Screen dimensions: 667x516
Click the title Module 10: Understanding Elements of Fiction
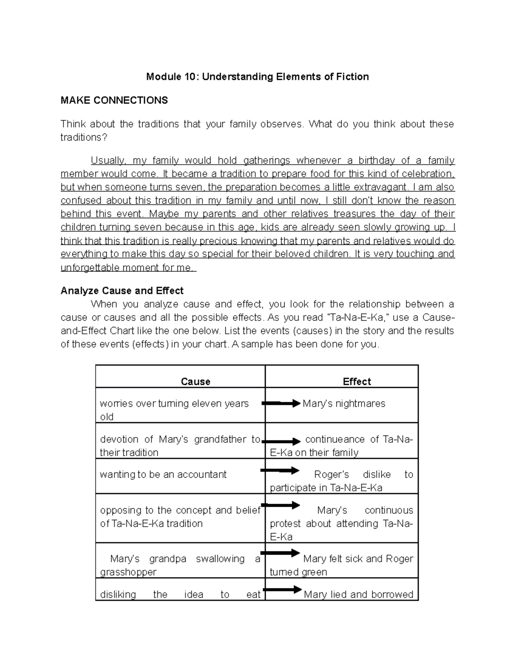coord(257,77)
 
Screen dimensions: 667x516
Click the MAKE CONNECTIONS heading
coord(114,101)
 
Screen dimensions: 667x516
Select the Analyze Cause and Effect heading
coord(122,291)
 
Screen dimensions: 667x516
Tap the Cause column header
coord(195,381)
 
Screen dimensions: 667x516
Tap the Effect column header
coord(356,381)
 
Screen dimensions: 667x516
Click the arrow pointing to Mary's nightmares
coord(281,403)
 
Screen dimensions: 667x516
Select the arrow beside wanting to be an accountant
coord(280,471)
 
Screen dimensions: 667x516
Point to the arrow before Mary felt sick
coord(280,553)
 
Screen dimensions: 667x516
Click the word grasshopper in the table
coord(128,572)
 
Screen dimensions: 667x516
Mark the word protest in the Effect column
coord(285,524)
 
